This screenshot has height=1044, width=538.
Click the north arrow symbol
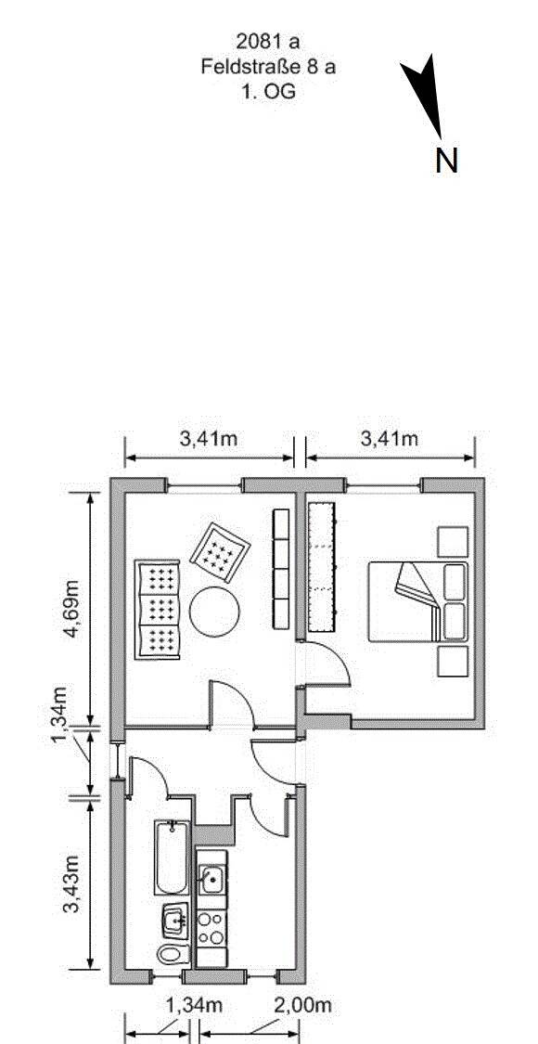425,93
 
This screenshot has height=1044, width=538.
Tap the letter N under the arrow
446,161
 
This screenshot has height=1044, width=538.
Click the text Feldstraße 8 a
268,67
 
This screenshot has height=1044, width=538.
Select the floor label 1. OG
268,91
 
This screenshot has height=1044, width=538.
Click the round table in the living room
215,612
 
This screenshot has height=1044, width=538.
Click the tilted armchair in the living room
221,553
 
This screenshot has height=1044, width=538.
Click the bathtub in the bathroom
172,857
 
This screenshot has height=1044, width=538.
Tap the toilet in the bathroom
172,953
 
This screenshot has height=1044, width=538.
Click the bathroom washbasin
173,921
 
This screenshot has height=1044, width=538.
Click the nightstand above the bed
453,541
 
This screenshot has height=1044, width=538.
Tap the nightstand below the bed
453,661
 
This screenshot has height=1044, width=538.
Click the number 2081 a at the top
268,42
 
